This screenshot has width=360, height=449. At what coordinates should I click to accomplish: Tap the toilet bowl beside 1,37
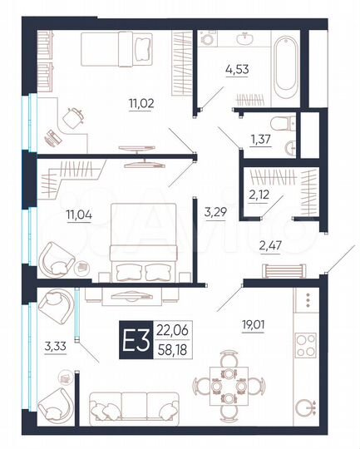coord(284,125)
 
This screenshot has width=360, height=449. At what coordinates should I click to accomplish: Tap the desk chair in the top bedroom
coord(76,117)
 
